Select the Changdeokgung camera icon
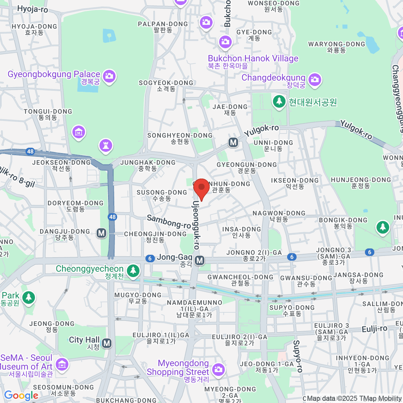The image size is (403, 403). pyautogui.click(x=314, y=80)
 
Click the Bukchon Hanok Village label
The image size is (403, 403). pyautogui.click(x=253, y=59)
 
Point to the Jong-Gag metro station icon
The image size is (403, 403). pyautogui.click(x=200, y=260)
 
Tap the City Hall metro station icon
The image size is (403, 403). pyautogui.click(x=107, y=343)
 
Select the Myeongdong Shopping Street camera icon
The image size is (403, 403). pyautogui.click(x=218, y=369)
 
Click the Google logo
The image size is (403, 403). pyautogui.click(x=21, y=396)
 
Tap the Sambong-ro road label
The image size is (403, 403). pyautogui.click(x=169, y=222)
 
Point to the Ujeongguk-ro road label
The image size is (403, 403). pyautogui.click(x=196, y=225)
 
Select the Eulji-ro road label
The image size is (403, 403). pyautogui.click(x=374, y=329)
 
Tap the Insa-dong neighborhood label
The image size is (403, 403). pyautogui.click(x=241, y=232)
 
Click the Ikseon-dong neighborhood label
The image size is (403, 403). pyautogui.click(x=295, y=183)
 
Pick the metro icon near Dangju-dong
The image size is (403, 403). pyautogui.click(x=101, y=233)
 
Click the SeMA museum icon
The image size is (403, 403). pyautogui.click(x=62, y=364)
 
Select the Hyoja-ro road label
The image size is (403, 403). pyautogui.click(x=33, y=9)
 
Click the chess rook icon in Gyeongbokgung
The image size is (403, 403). pyautogui.click(x=106, y=145)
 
